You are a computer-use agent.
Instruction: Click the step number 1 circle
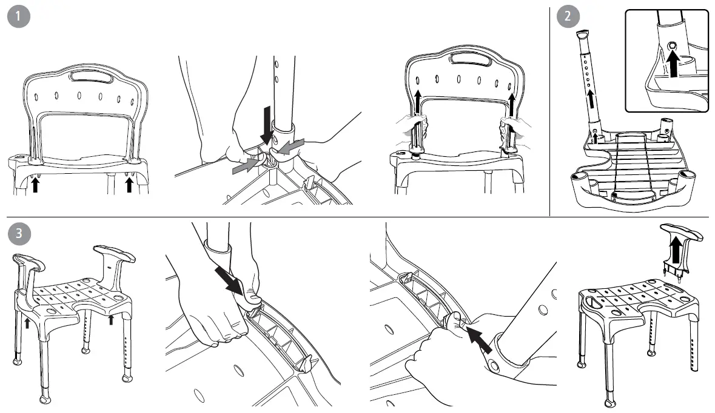(20, 17)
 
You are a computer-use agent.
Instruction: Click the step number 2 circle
(567, 17)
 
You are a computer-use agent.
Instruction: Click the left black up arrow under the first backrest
(35, 183)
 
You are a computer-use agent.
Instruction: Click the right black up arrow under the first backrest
(129, 183)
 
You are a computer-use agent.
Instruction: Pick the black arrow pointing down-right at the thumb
(230, 284)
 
